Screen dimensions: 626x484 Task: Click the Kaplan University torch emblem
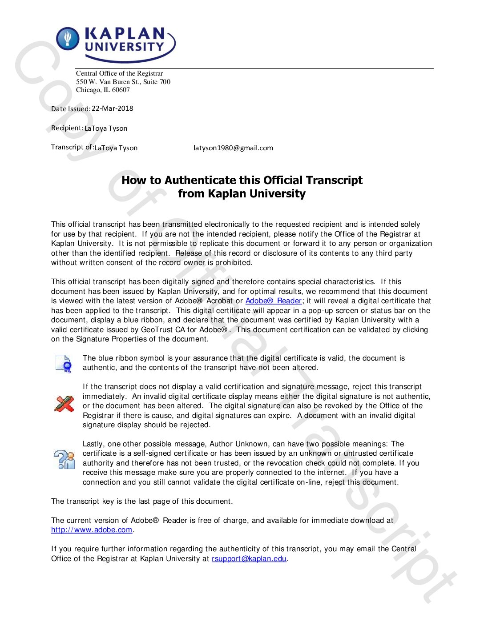(x=68, y=38)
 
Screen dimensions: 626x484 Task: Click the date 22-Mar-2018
(x=112, y=108)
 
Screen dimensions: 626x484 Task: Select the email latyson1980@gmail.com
(x=233, y=148)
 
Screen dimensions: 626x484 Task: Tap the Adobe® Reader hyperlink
(x=274, y=301)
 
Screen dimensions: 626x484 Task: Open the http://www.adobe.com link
(x=92, y=530)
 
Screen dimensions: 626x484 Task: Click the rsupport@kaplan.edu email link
(x=249, y=559)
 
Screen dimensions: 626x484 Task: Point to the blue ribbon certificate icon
(x=64, y=363)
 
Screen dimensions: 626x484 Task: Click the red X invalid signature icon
(x=64, y=404)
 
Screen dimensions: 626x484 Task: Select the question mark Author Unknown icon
(x=64, y=459)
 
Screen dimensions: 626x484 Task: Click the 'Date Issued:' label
(x=71, y=109)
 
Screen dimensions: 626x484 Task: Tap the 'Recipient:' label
(x=67, y=128)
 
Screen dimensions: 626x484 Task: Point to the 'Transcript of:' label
(x=72, y=147)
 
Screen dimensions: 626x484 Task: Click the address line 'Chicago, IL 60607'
(x=103, y=90)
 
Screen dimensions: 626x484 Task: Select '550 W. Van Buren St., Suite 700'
(x=123, y=82)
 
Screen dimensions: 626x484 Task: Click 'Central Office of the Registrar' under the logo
(x=119, y=73)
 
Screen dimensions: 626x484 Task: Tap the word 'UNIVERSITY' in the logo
(x=124, y=47)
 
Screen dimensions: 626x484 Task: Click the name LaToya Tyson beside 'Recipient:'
(x=106, y=128)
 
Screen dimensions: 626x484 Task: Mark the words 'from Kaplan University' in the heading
(x=242, y=194)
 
